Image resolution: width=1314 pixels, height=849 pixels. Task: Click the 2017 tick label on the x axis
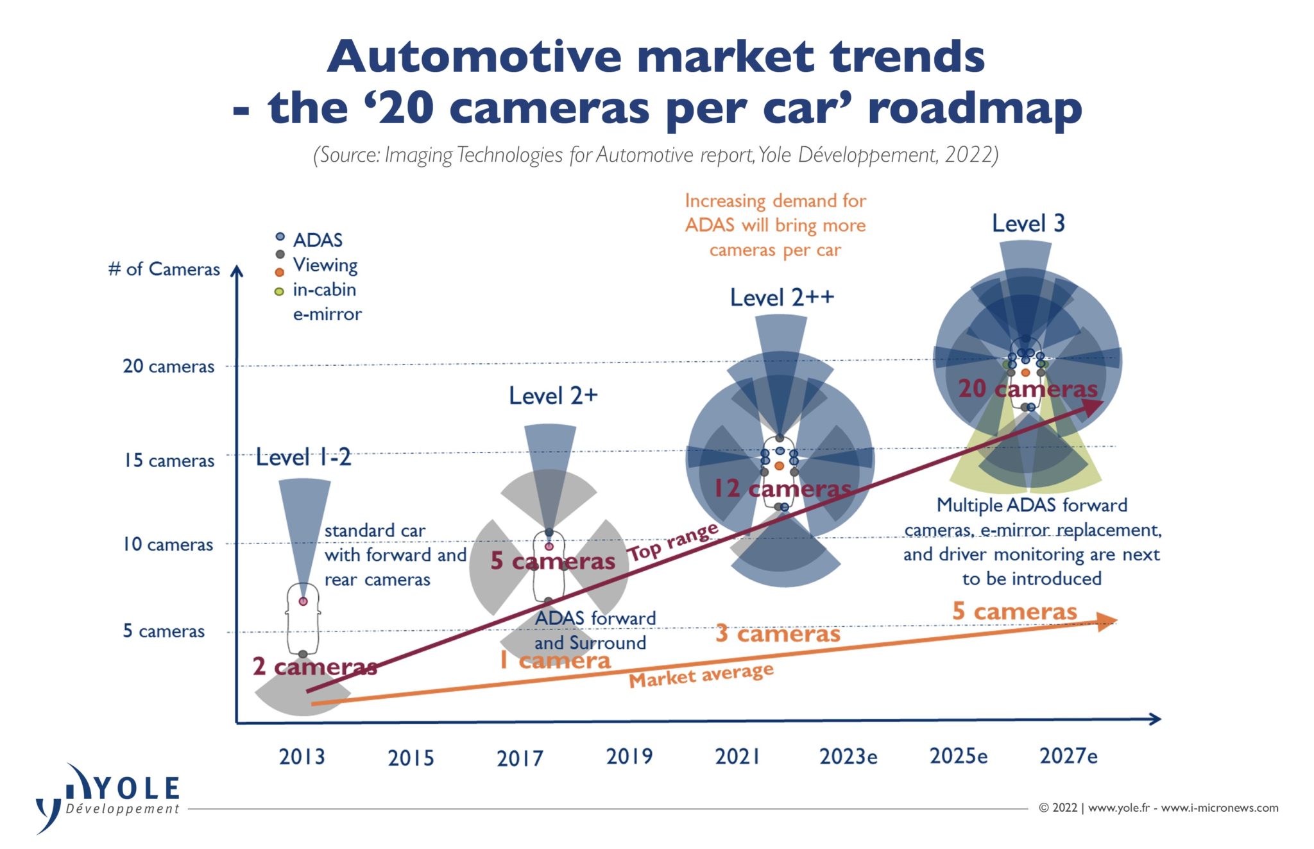pos(520,758)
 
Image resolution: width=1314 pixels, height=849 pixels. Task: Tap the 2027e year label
pos(1068,756)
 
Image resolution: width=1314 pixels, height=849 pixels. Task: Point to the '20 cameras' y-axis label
pos(169,366)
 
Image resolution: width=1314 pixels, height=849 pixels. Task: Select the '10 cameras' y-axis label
pos(168,544)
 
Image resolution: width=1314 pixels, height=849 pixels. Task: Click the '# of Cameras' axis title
pos(164,269)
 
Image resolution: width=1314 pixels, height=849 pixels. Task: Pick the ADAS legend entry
pos(317,240)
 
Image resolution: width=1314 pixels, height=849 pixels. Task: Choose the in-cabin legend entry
pos(324,289)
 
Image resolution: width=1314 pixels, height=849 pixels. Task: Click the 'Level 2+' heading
pos(553,395)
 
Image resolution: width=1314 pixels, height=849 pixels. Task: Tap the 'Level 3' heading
pos(1028,223)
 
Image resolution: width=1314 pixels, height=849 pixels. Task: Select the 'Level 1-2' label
pos(303,458)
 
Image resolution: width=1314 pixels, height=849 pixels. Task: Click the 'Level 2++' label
pos(781,297)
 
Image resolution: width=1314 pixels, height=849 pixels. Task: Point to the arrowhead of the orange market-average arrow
pos(1107,621)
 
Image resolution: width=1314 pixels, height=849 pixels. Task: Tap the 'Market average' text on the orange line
pos(701,675)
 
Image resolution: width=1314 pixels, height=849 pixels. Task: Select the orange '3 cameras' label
pos(778,633)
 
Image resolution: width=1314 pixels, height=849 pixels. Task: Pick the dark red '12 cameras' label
pos(783,488)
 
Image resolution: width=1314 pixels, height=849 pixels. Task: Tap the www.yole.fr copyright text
pos(1158,808)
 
